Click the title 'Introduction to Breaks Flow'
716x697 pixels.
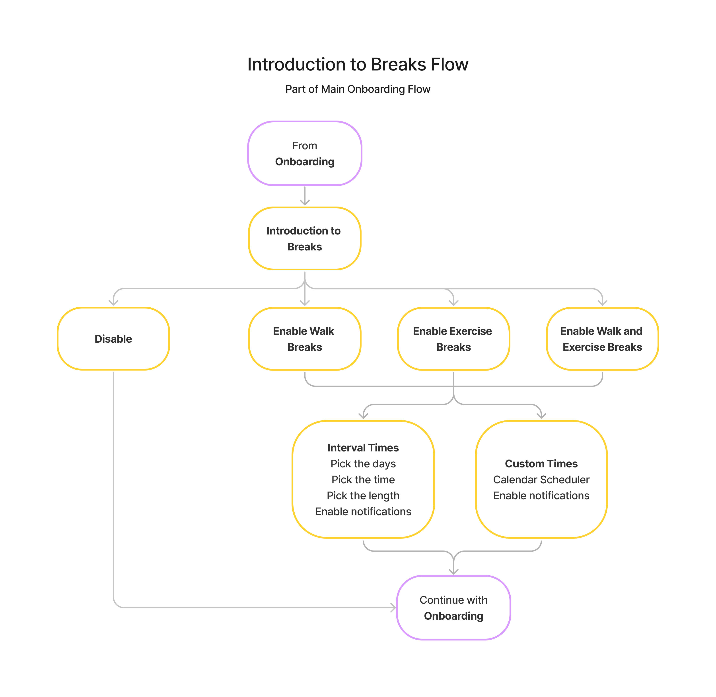[358, 64]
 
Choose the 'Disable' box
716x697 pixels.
[113, 339]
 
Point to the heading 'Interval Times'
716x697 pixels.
[363, 448]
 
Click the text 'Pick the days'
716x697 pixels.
[363, 464]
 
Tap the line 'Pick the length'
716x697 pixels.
[363, 496]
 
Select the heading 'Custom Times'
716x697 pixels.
[541, 464]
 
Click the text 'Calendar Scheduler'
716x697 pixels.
[541, 480]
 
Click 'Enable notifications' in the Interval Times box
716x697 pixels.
[363, 512]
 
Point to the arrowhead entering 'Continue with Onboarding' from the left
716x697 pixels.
[393, 608]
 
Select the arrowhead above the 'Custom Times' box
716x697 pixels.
[541, 416]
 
